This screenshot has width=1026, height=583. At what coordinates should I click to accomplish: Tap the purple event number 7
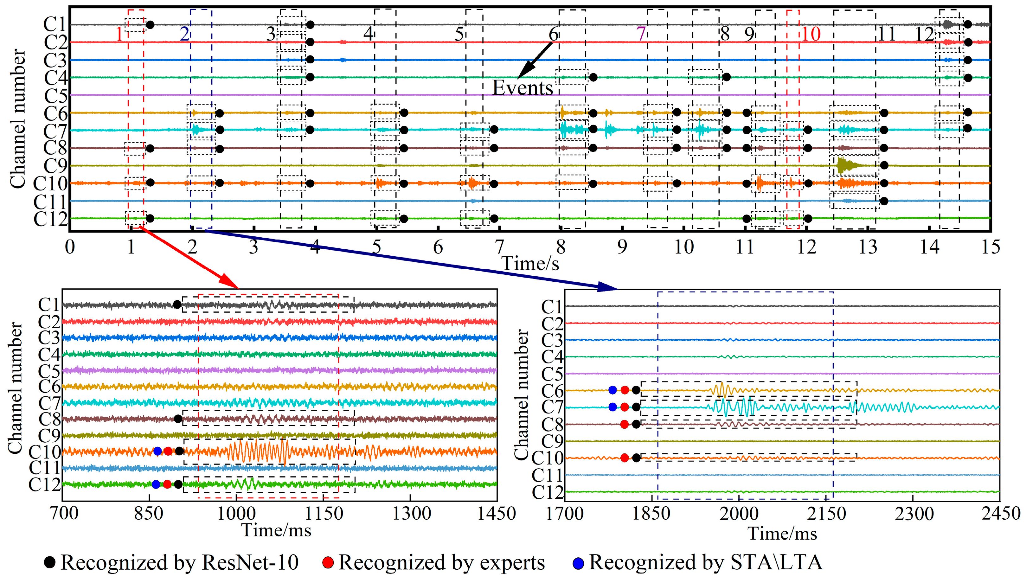[641, 34]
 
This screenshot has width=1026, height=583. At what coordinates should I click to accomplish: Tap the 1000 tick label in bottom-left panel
[237, 513]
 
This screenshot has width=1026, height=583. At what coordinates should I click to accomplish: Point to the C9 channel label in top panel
[55, 166]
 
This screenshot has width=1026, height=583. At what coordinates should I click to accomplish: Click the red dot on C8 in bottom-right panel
[625, 425]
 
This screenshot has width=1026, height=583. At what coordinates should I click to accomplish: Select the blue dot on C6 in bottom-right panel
[612, 390]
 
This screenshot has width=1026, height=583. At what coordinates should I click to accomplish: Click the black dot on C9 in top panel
[884, 165]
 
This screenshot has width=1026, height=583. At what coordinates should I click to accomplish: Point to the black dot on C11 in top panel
[884, 201]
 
